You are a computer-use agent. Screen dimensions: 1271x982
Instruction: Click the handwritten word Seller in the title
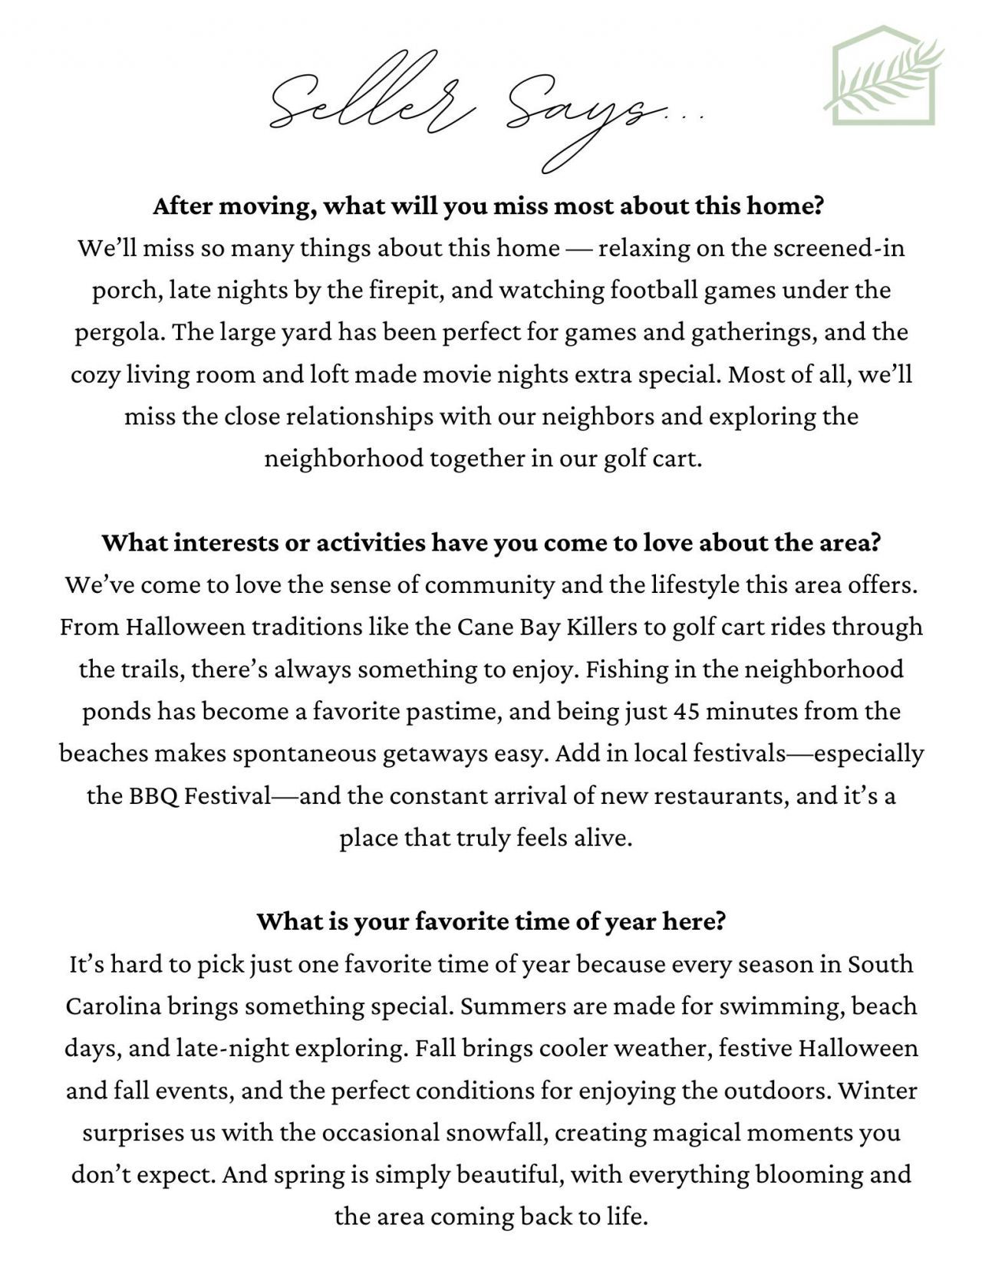368,104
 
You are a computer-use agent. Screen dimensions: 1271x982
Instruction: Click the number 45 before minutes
686,711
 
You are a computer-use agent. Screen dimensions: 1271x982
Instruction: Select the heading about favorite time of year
491,920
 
